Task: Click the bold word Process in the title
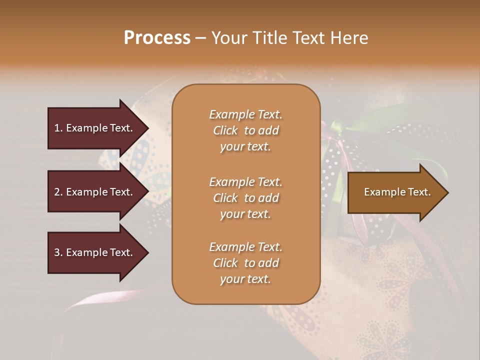coord(157,38)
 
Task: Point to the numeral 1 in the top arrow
coord(57,128)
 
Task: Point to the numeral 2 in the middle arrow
coord(57,192)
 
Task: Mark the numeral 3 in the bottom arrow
coord(57,252)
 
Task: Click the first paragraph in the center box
coord(245,130)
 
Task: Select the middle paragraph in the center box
coord(245,198)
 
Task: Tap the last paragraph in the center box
coord(245,263)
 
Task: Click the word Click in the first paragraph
coord(225,130)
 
